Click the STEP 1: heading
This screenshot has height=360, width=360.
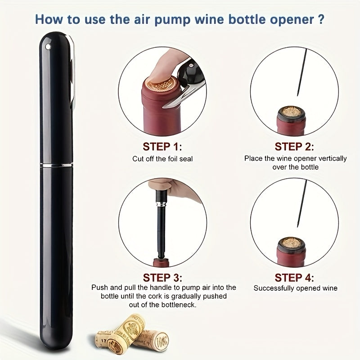pyautogui.click(x=162, y=147)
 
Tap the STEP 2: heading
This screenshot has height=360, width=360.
pyautogui.click(x=294, y=147)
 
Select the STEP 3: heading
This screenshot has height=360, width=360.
pyautogui.click(x=162, y=278)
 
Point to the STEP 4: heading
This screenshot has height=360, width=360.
pyautogui.click(x=294, y=278)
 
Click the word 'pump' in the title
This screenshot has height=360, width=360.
pyautogui.click(x=172, y=19)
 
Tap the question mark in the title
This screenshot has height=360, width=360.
pyautogui.click(x=321, y=19)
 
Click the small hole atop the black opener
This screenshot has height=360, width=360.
pyautogui.click(x=48, y=47)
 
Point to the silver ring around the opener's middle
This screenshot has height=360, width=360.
pyautogui.click(x=57, y=165)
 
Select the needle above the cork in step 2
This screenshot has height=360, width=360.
pyautogui.click(x=302, y=72)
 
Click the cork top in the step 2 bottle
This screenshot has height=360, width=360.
pyautogui.click(x=292, y=112)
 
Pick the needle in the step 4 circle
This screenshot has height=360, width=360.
pyautogui.click(x=302, y=203)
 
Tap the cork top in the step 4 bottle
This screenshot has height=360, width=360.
pyautogui.click(x=291, y=243)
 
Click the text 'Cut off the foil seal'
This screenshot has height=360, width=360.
pyautogui.click(x=162, y=159)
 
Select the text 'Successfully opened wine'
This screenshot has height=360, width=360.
pyautogui.click(x=296, y=288)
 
